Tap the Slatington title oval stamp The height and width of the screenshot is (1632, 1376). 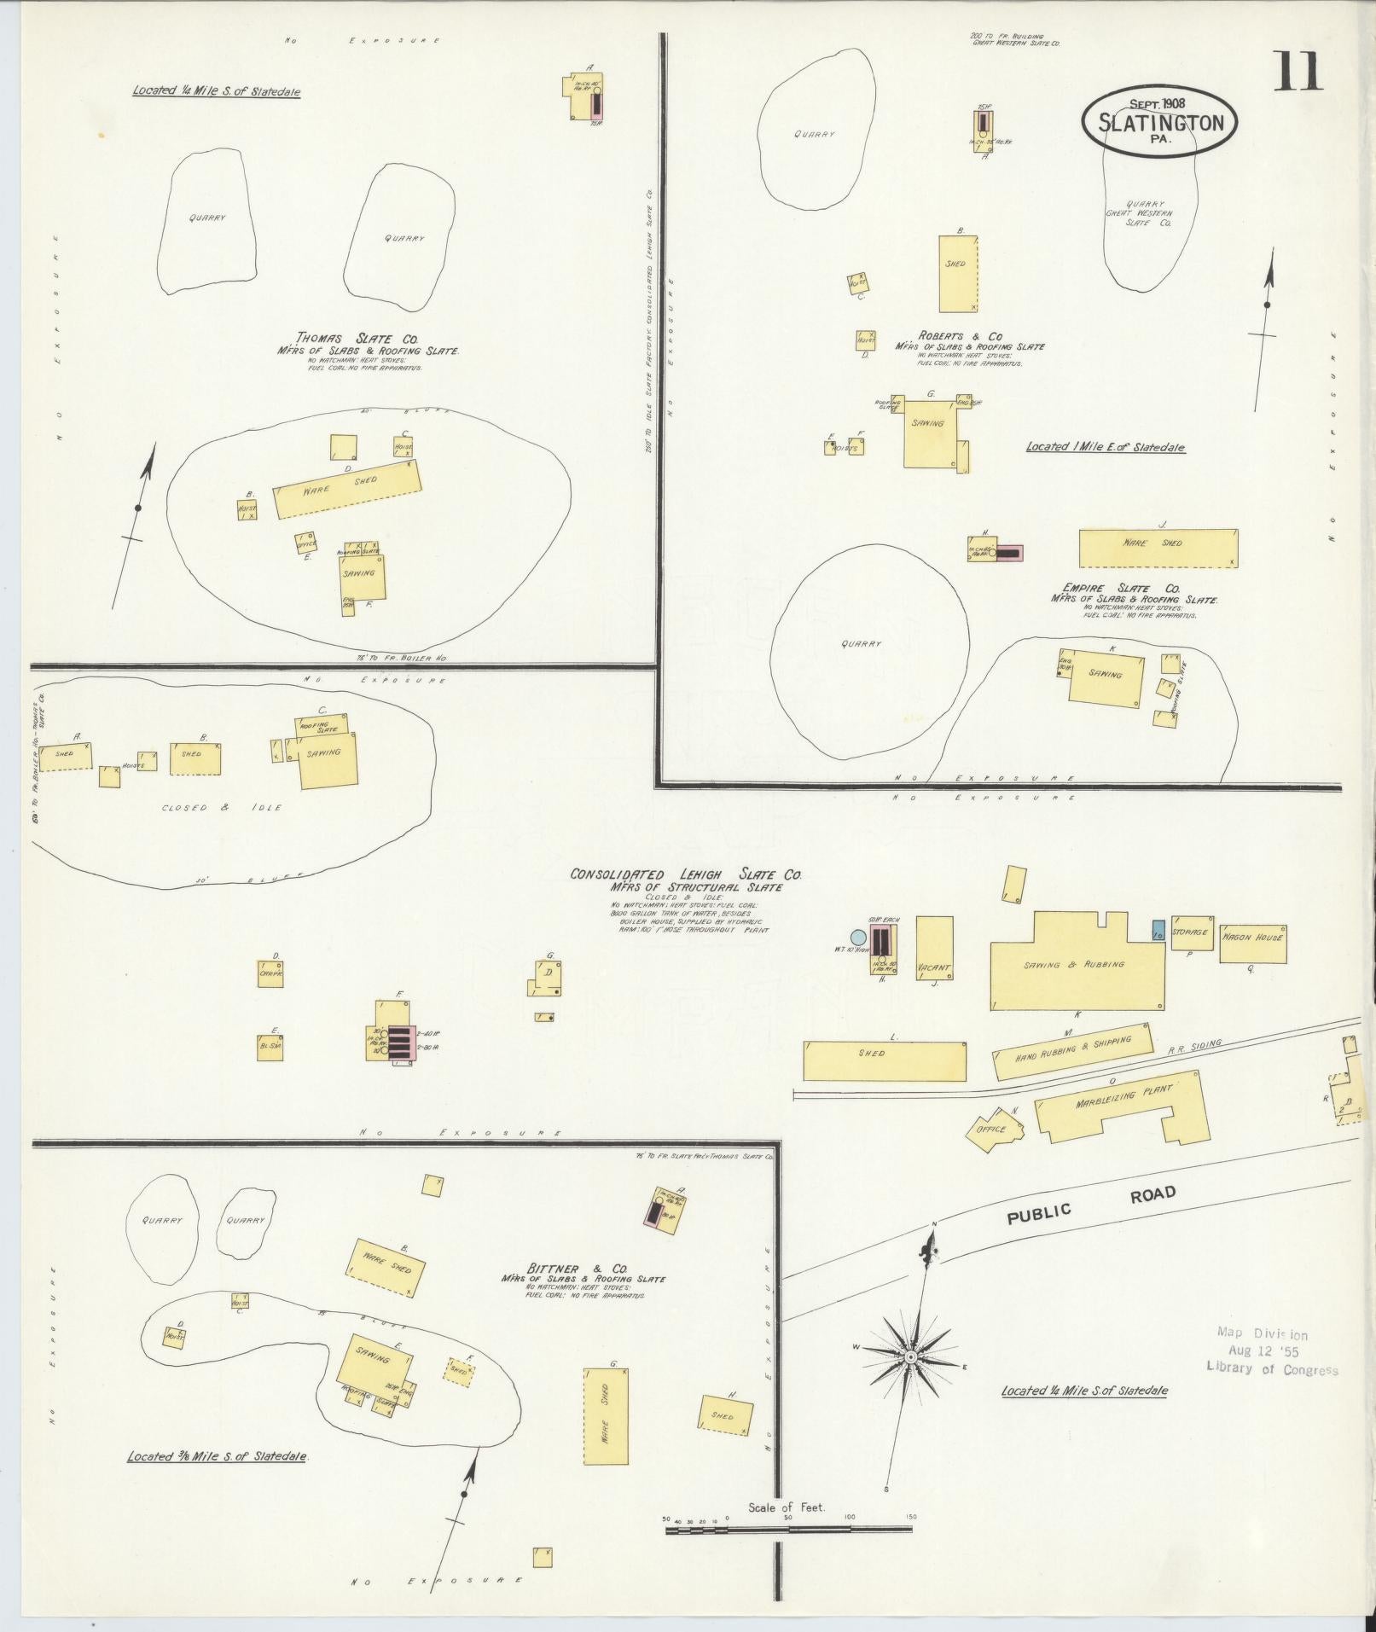[1160, 120]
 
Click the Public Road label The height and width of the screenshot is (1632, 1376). [1091, 1204]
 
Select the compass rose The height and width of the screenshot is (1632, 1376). [910, 1356]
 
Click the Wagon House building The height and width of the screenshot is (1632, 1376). [1251, 943]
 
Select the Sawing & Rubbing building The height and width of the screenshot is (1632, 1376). [1076, 965]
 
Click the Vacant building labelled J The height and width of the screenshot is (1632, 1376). [934, 949]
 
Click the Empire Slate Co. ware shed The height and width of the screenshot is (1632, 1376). [1157, 548]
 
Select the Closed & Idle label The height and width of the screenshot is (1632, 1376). [221, 807]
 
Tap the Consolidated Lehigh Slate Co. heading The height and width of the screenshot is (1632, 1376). [686, 874]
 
